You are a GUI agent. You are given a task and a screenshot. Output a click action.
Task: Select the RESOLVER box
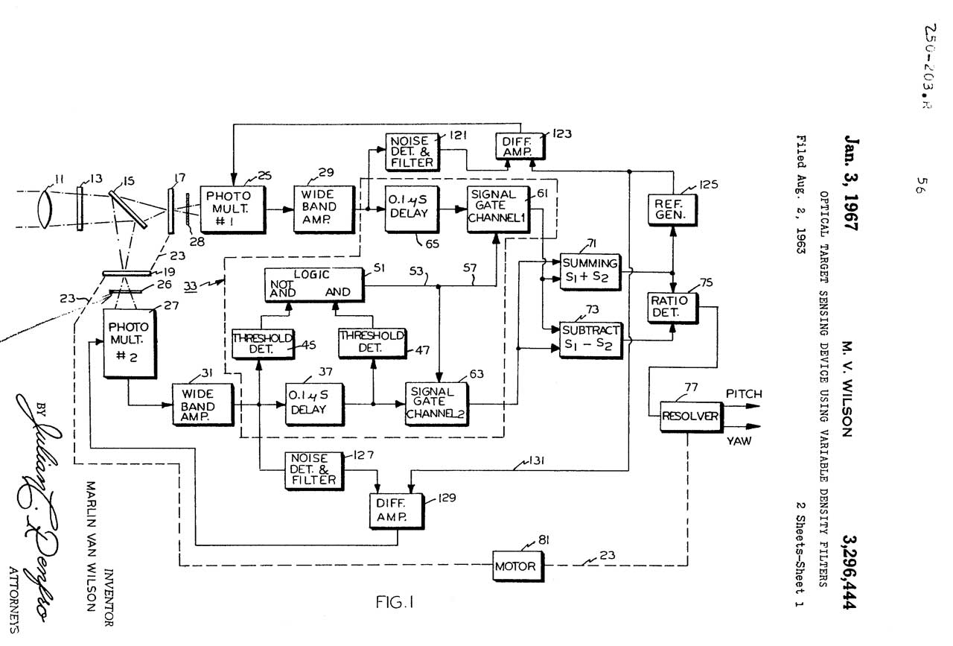point(690,416)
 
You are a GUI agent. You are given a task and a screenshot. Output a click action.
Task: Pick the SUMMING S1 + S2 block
point(590,270)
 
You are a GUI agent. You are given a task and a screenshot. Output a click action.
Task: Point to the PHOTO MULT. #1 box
point(232,209)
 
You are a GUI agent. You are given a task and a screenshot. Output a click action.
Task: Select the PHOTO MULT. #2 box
point(129,344)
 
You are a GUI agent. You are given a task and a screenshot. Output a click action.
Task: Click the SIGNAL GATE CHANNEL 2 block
point(437,404)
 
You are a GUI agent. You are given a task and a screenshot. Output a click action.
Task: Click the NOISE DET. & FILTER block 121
point(411,151)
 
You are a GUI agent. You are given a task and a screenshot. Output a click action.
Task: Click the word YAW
point(739,441)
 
